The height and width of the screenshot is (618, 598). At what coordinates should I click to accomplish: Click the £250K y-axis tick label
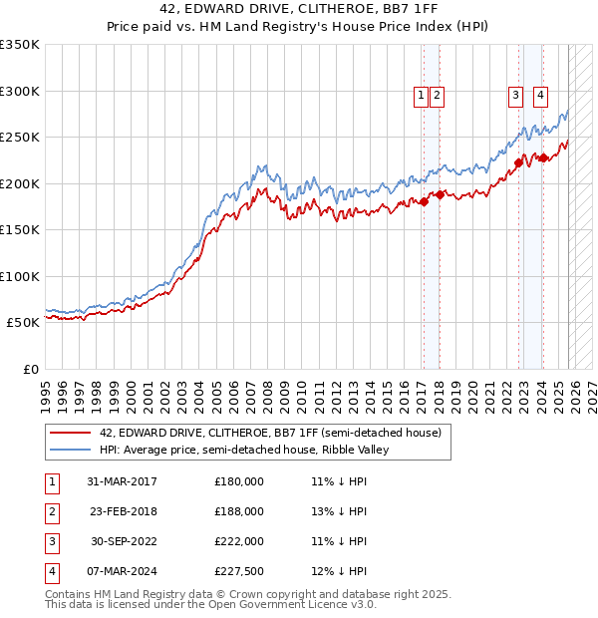click(x=20, y=137)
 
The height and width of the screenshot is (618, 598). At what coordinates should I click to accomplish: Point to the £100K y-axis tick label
click(x=20, y=276)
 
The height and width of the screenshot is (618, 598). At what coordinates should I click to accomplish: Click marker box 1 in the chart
click(x=421, y=96)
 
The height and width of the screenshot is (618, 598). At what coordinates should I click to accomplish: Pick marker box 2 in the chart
click(x=438, y=96)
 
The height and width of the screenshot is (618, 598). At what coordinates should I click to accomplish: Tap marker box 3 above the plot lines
click(x=515, y=96)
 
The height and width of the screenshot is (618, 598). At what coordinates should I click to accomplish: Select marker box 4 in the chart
click(x=540, y=96)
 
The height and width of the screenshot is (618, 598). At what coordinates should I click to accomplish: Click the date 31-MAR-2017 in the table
click(x=122, y=481)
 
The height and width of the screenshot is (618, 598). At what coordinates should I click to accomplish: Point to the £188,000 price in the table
click(x=239, y=511)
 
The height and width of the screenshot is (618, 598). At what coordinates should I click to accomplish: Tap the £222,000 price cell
click(x=239, y=541)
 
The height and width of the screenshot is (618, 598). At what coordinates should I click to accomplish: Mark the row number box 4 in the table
click(x=51, y=571)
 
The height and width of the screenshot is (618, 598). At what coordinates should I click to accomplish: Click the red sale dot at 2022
click(x=518, y=162)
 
